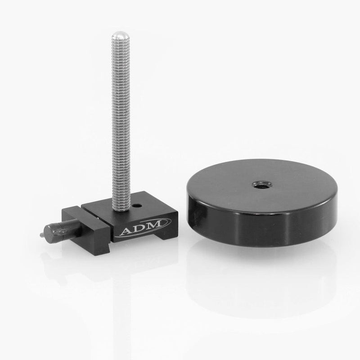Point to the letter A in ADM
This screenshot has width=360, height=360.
[x=126, y=232]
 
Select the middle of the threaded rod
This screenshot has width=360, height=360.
[x=119, y=121]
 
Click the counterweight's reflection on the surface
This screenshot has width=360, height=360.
[x=270, y=288]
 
